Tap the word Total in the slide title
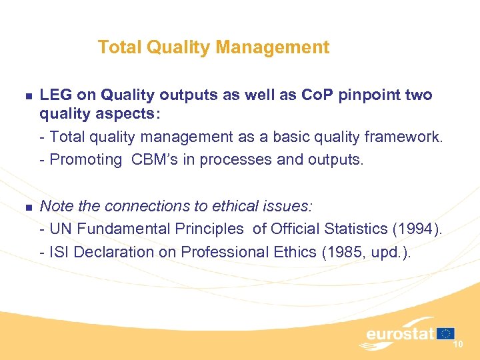point(116,47)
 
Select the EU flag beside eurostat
point(446,333)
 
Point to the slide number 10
point(458,344)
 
